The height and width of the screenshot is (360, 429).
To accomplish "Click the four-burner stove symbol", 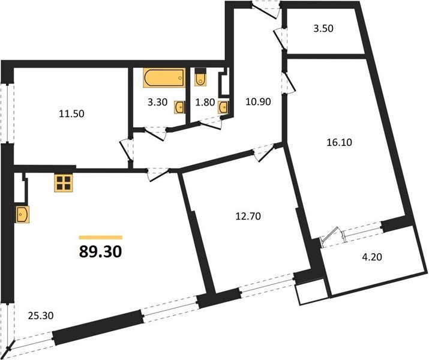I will coord(64,182).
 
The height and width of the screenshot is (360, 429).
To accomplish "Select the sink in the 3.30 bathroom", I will coord(179,107).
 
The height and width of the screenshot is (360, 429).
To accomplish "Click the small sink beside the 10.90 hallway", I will coord(224,107).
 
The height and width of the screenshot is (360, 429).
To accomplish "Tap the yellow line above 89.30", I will coord(100,238).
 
